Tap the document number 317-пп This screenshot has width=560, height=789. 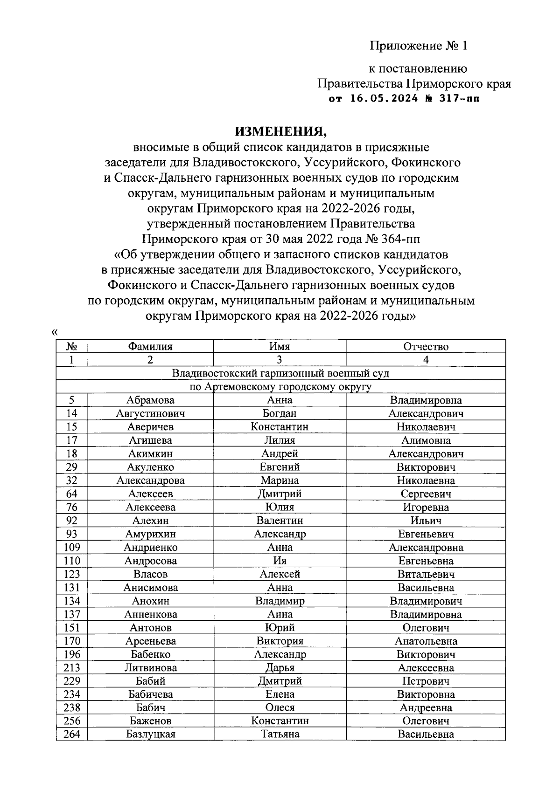tap(460, 99)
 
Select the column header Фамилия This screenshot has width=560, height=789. tap(150, 346)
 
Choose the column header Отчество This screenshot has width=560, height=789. tap(426, 346)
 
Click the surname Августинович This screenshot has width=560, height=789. tap(150, 413)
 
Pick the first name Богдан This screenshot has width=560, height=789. tap(280, 413)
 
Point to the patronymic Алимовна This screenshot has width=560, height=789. tap(426, 440)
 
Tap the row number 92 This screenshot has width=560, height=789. tap(72, 521)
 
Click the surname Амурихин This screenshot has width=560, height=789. tap(150, 534)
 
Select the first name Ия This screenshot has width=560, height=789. tap(280, 561)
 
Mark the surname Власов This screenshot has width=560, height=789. tap(150, 574)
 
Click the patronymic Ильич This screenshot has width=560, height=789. tap(426, 521)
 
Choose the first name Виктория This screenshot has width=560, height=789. tap(280, 641)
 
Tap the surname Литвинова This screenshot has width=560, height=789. tap(150, 668)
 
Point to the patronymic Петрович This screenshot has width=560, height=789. tap(426, 681)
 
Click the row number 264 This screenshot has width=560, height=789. tap(72, 734)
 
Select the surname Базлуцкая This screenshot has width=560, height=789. tap(150, 734)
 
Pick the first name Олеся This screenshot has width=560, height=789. tap(280, 707)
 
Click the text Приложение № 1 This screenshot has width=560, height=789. tap(418, 46)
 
